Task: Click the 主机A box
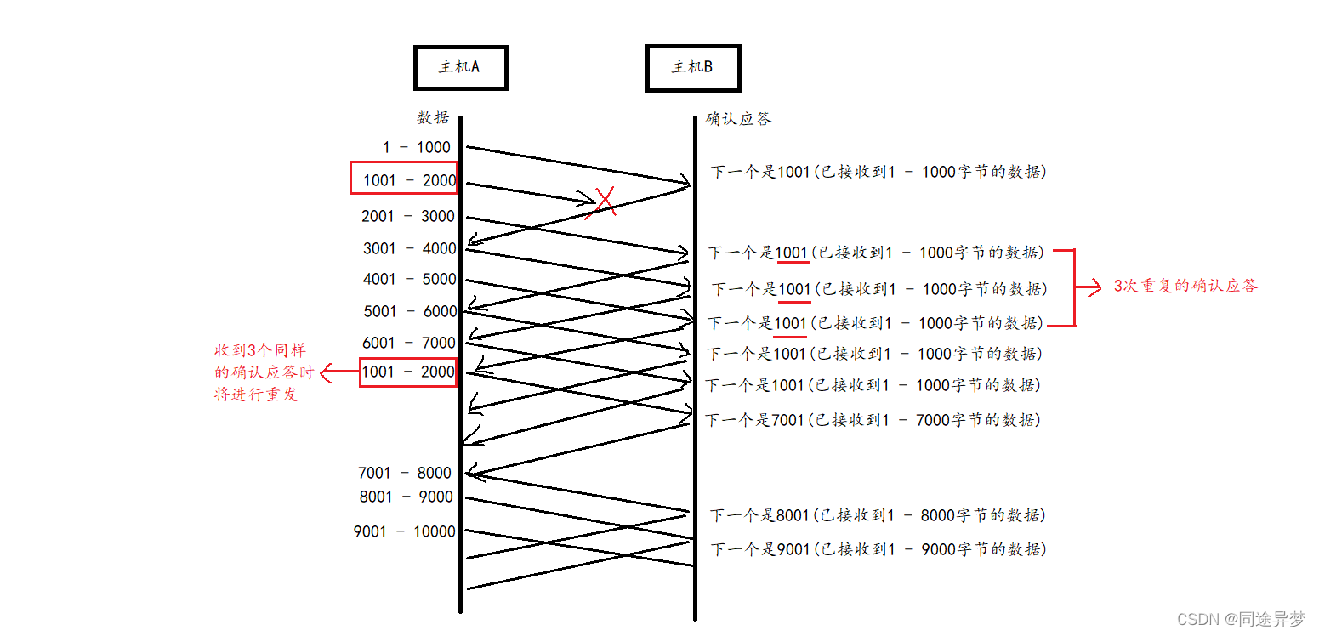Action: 460,67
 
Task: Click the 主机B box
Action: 692,67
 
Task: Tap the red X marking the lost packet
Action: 604,202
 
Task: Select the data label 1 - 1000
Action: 417,147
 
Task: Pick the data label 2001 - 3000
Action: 408,216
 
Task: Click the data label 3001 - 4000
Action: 410,248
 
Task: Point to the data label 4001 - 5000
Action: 410,279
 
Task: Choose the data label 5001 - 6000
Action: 411,311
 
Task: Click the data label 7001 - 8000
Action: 405,473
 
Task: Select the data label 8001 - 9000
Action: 407,497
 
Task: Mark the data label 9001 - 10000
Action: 405,531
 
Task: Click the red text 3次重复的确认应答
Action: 1185,287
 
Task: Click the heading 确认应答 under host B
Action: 738,119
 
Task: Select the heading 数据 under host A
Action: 433,117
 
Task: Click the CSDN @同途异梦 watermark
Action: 1241,619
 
